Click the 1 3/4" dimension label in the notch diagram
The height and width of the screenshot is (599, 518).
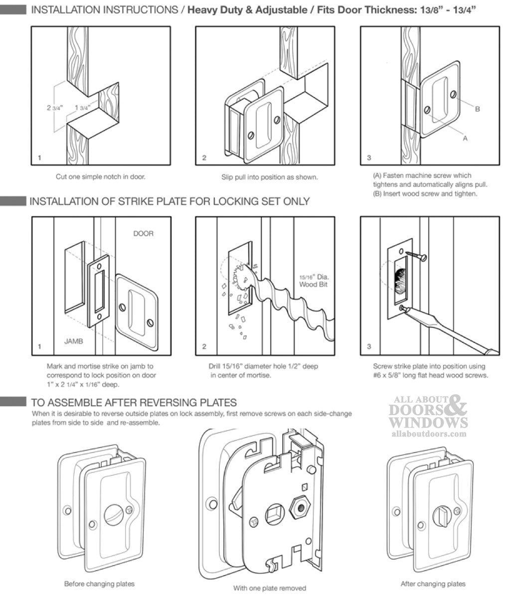pos(82,108)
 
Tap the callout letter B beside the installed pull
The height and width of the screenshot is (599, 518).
pos(477,108)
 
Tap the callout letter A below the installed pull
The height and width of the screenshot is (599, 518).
pos(465,138)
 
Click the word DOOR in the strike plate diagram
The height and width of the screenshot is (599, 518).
pos(143,233)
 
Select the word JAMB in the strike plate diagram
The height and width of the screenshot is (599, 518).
pos(74,341)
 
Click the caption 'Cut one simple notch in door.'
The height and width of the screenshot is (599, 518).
pos(101,176)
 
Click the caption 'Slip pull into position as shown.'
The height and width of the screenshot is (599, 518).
pos(269,176)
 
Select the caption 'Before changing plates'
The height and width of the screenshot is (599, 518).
pos(99,584)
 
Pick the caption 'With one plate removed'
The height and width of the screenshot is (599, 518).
pos(269,588)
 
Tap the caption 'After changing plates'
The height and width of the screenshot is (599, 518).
pos(433,584)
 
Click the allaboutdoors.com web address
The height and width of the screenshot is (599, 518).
pos(427,434)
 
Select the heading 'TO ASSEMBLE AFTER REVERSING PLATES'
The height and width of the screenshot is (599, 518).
pos(134,402)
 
